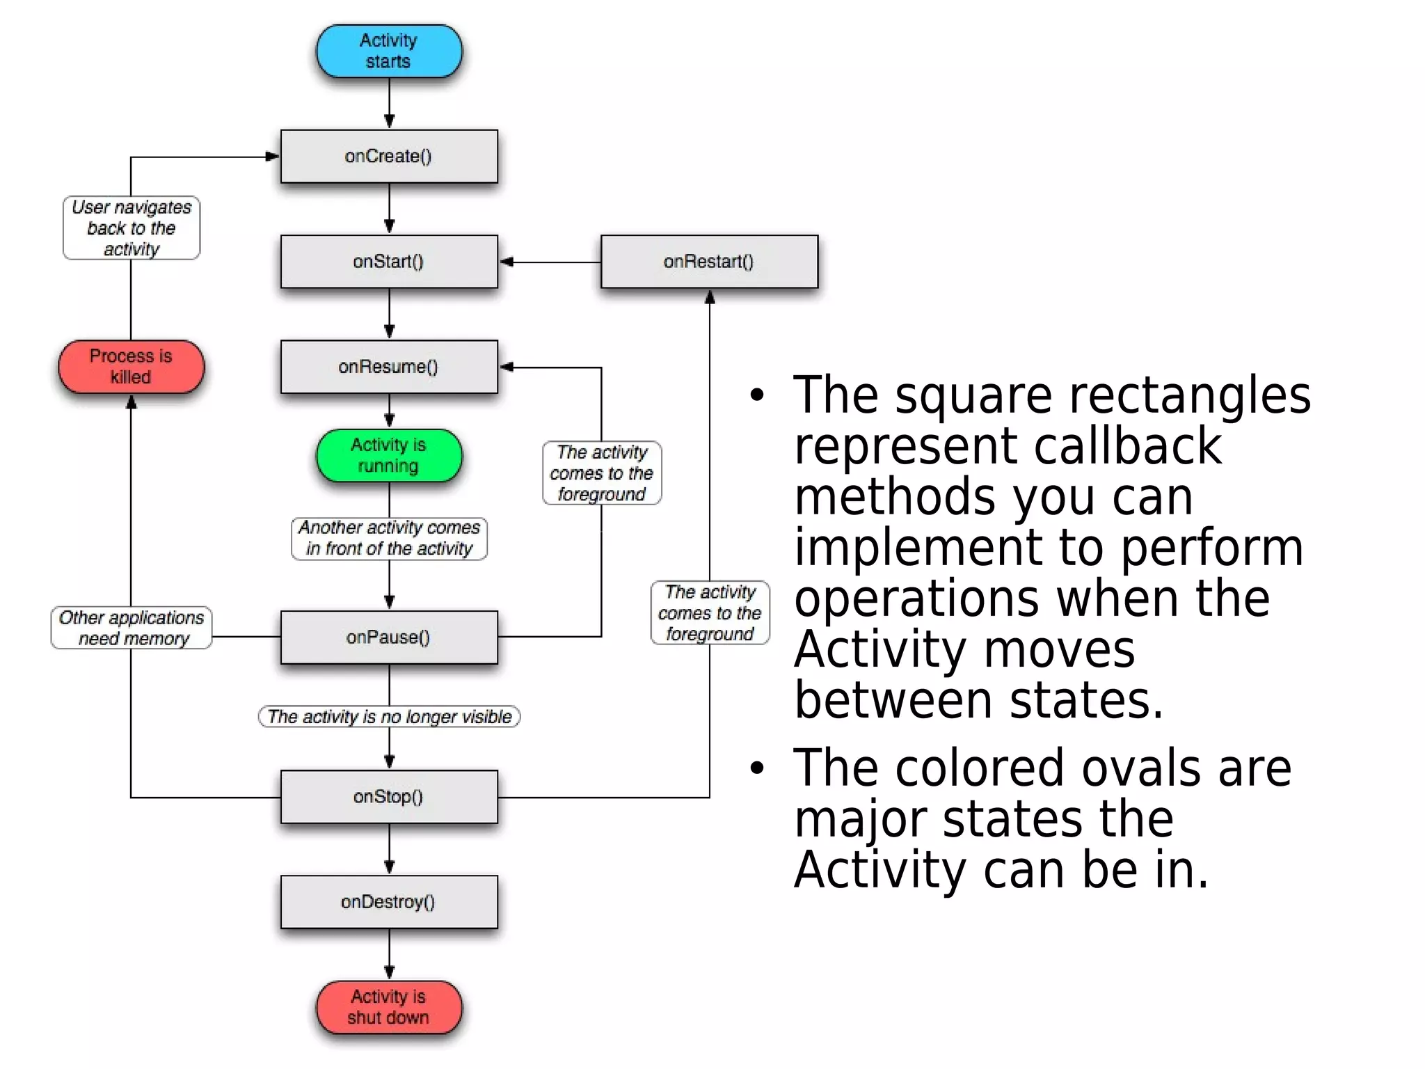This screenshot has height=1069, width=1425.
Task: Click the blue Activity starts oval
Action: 388,51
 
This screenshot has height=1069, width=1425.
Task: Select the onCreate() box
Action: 388,157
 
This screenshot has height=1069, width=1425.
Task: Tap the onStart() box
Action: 388,262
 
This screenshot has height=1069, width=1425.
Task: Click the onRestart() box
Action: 708,262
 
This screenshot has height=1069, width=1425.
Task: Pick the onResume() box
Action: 388,367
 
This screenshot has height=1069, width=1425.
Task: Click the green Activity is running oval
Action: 388,456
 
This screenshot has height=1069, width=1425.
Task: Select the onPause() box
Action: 388,638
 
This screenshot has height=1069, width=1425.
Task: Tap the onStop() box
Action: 388,797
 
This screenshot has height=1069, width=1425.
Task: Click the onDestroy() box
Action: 388,902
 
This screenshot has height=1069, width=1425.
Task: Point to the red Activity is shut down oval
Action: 388,1007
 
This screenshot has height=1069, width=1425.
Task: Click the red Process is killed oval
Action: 131,367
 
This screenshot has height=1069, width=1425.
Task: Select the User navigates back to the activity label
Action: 131,228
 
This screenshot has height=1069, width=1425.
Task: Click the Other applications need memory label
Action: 131,628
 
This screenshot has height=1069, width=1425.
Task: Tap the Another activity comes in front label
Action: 389,538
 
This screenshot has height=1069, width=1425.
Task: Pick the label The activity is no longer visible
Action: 389,717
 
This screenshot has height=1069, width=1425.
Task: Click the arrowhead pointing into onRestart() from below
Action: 710,298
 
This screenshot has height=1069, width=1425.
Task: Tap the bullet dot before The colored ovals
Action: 757,768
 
